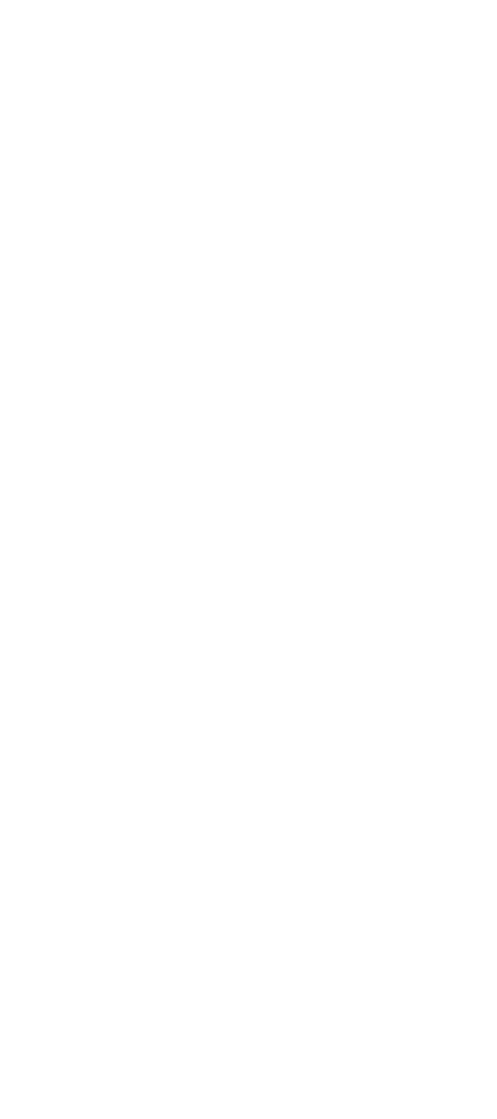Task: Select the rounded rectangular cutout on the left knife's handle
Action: pos(87,426)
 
